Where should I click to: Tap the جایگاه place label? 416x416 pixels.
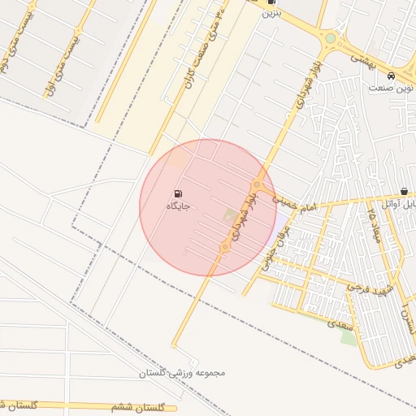point(178,207)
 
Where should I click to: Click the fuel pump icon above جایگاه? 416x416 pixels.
point(177,194)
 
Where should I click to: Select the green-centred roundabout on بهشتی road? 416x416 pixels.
point(330,38)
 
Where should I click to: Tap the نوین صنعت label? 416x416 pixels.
point(388,87)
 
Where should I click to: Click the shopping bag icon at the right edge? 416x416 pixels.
point(405,191)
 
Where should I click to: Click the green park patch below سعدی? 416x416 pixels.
point(349,336)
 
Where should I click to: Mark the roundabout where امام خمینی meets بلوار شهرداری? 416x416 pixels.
point(258,184)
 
